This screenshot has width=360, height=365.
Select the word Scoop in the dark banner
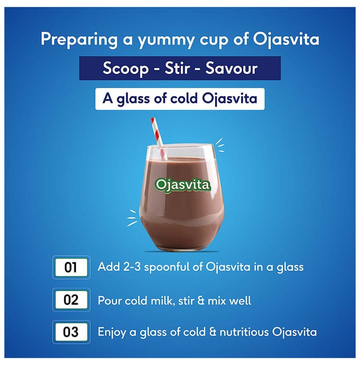(x=126, y=69)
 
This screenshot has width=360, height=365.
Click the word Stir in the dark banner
(x=176, y=68)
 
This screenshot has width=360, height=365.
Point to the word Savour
(x=231, y=68)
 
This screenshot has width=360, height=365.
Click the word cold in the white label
(x=184, y=99)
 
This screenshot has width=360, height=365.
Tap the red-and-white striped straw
(x=158, y=138)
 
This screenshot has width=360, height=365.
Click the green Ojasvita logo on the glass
(x=183, y=185)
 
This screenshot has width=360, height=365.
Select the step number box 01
(x=71, y=267)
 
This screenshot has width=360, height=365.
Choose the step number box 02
(x=71, y=300)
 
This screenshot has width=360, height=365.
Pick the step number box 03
(x=71, y=332)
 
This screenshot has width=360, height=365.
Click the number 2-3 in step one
(x=132, y=267)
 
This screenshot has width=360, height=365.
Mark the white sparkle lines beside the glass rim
(x=220, y=145)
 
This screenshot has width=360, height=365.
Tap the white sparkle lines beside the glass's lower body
(x=132, y=218)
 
